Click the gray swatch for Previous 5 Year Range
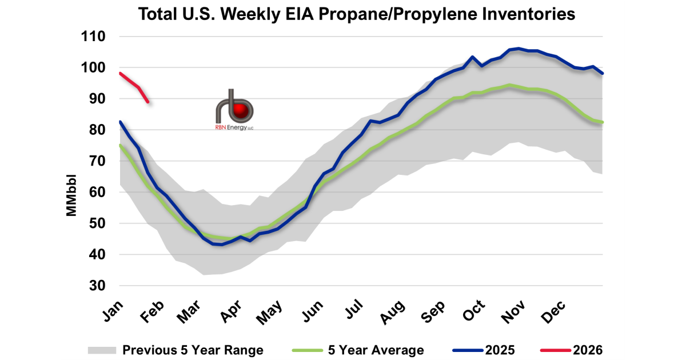(x=101, y=350)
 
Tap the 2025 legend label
(x=500, y=350)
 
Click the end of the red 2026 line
(x=148, y=102)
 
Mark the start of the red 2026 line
(x=120, y=73)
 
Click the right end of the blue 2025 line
(x=603, y=73)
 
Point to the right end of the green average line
(x=603, y=122)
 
